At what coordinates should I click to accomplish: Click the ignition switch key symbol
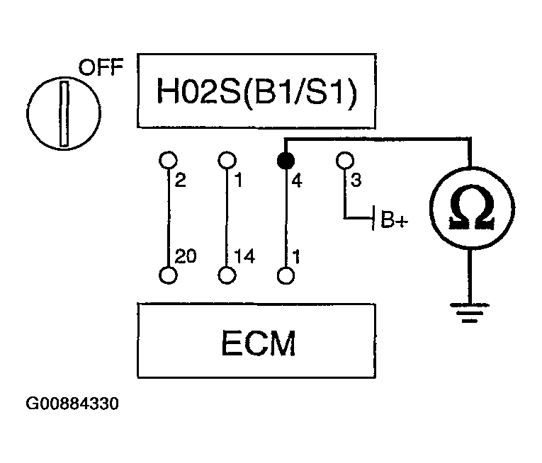pyautogui.click(x=64, y=114)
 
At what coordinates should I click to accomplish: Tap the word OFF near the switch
pyautogui.click(x=100, y=69)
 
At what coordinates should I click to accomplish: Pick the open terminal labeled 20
pyautogui.click(x=167, y=275)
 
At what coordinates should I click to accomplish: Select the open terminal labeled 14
pyautogui.click(x=226, y=275)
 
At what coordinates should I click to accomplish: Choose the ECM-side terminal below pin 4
pyautogui.click(x=285, y=275)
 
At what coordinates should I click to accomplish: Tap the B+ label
pyautogui.click(x=395, y=220)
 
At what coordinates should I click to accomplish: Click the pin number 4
pyautogui.click(x=296, y=182)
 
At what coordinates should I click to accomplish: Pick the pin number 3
pyautogui.click(x=356, y=182)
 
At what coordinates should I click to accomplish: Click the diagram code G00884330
pyautogui.click(x=72, y=406)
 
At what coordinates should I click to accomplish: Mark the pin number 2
pyautogui.click(x=179, y=182)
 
